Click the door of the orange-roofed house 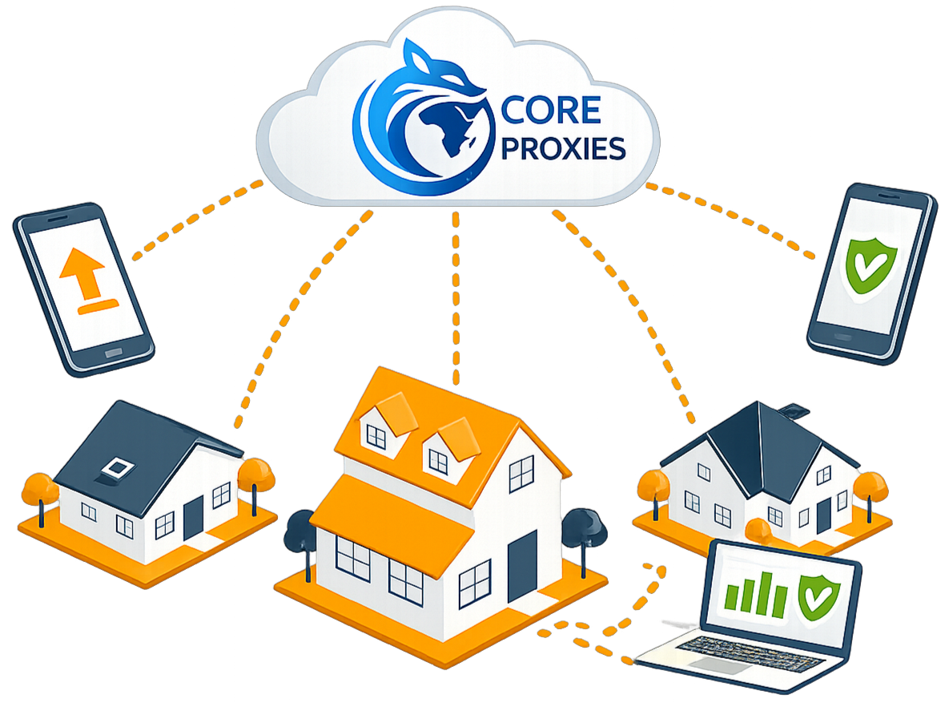[521, 566]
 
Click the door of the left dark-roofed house [193, 518]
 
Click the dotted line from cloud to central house [456, 297]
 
